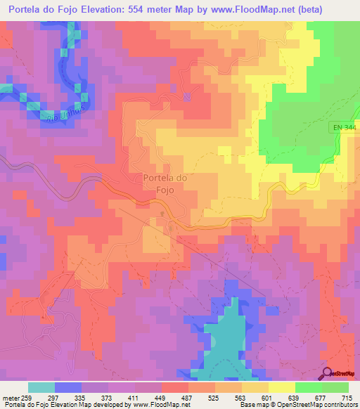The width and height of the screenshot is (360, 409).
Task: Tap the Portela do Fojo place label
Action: coord(165,183)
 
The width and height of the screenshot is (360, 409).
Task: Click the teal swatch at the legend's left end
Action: coord(41,387)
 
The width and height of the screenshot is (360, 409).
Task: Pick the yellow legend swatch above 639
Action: coord(281,387)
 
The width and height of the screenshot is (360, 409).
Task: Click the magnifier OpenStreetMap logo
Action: coord(328,372)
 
